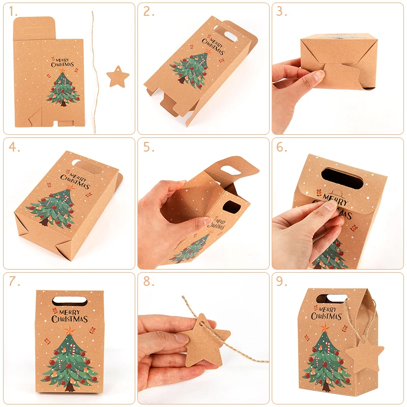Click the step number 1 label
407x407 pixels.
click(14, 12)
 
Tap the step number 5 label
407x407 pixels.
click(149, 148)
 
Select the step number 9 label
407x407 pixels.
click(283, 282)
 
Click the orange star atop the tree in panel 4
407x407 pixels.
click(70, 189)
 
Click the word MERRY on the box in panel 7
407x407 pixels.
click(70, 309)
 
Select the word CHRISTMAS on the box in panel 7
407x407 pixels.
click(70, 319)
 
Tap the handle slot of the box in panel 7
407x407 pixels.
click(69, 296)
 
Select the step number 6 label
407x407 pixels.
click(283, 148)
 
